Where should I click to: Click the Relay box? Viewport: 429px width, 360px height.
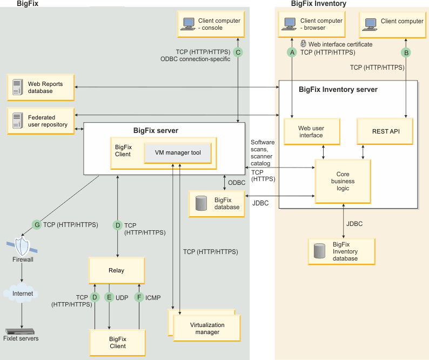(117, 270)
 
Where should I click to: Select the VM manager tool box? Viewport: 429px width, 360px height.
(178, 153)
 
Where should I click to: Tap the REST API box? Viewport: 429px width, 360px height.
(385, 131)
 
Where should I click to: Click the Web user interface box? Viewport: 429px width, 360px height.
(311, 132)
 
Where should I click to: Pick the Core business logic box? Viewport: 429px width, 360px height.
(343, 182)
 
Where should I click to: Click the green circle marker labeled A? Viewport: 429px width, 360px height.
(292, 52)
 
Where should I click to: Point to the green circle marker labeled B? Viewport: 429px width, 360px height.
(406, 52)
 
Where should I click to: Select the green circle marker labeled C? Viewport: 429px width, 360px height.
(238, 52)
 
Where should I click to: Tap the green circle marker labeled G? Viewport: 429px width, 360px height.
(37, 224)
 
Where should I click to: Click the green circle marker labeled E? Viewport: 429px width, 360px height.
(109, 297)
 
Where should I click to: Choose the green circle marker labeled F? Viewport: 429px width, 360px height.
(139, 297)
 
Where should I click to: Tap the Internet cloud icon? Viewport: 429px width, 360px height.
(22, 294)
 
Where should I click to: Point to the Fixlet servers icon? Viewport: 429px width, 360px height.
(21, 331)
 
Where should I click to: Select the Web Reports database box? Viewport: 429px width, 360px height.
(41, 88)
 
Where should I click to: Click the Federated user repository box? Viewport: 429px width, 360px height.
(41, 121)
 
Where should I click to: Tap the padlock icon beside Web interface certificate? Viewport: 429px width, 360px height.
(304, 44)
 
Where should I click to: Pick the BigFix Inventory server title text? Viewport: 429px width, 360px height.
(338, 89)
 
